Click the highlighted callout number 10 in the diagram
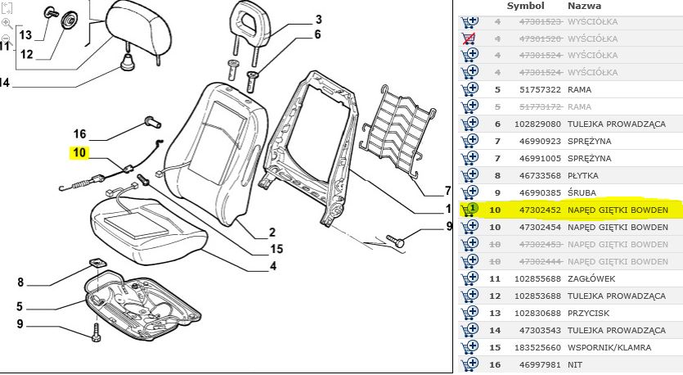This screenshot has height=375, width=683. coord(79,152)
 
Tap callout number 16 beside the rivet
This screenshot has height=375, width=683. coord(79,134)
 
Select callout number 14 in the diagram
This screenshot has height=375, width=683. coord(5,82)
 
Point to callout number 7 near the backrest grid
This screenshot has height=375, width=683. coord(447,191)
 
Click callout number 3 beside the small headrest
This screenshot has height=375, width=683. coord(318,20)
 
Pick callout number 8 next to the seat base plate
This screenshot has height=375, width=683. coord(20,282)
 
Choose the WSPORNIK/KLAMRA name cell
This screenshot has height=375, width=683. coord(609,348)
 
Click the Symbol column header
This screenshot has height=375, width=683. coord(524,7)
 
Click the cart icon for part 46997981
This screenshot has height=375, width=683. coord(470,364)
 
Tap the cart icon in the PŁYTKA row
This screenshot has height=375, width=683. coord(470,175)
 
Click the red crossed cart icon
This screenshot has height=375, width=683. coord(470,38)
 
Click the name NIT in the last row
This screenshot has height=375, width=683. coord(576,365)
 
